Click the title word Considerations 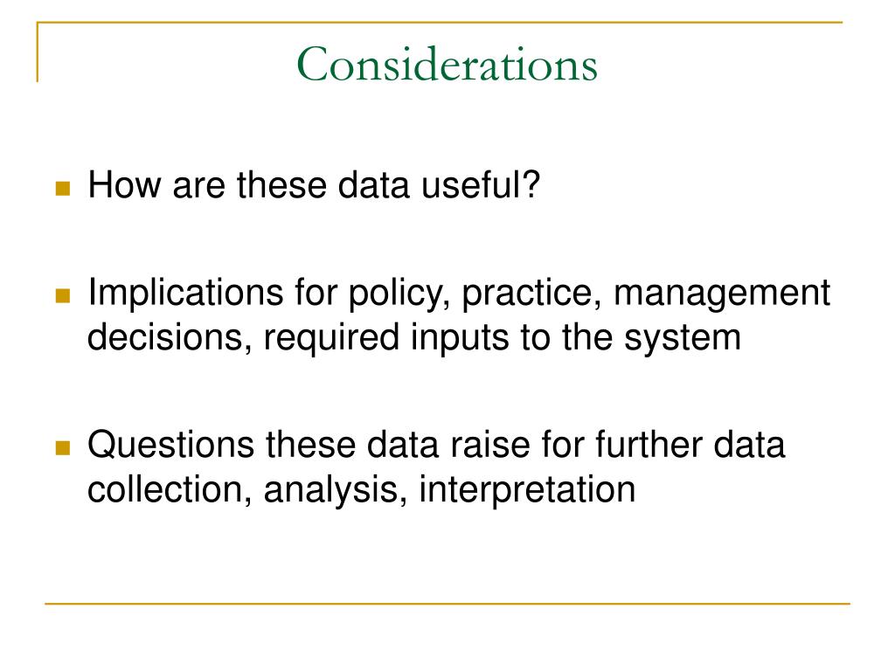(x=447, y=64)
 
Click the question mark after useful (x=531, y=184)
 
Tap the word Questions (x=170, y=445)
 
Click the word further (x=648, y=445)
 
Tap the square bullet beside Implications (x=63, y=295)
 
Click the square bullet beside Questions (x=63, y=448)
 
